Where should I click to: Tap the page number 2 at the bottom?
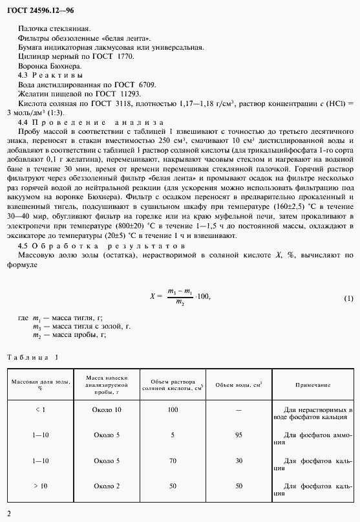coord(8,514)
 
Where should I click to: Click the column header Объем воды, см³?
coord(238,385)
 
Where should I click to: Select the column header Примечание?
coord(313,385)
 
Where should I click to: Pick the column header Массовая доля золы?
coord(40,385)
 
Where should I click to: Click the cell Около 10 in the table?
coord(107,410)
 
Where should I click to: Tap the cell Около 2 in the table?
coord(107,485)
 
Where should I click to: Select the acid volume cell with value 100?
coord(173,410)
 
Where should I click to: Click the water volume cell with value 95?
coord(238,435)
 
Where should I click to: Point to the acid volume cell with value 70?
coord(173,460)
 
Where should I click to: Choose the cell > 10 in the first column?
coord(40,485)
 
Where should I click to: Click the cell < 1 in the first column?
coord(40,410)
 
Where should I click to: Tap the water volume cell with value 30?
coord(238,460)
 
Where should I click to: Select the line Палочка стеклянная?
coord(55,28)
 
